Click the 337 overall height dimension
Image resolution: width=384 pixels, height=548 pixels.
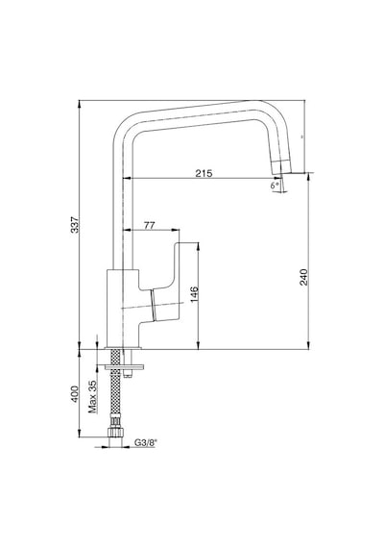pyautogui.click(x=76, y=225)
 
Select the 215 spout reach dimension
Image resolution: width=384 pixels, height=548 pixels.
pyautogui.click(x=204, y=173)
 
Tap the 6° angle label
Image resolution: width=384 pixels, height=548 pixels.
pyautogui.click(x=276, y=186)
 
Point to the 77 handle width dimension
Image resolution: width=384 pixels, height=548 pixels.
pyautogui.click(x=150, y=225)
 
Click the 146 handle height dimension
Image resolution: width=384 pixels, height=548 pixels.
pyautogui.click(x=194, y=294)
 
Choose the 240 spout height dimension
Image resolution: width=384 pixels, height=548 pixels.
pyautogui.click(x=304, y=277)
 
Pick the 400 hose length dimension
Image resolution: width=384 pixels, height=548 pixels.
pyautogui.click(x=75, y=394)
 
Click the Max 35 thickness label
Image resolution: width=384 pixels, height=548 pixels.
pyautogui.click(x=92, y=397)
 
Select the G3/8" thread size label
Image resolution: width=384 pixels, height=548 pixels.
pyautogui.click(x=146, y=443)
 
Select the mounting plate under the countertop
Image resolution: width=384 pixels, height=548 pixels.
pyautogui.click(x=125, y=366)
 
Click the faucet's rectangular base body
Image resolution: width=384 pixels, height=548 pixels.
pyautogui.click(x=123, y=309)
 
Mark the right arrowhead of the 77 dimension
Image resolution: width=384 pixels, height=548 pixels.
pyautogui.click(x=177, y=230)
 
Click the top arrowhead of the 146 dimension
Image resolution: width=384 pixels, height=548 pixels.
pyautogui.click(x=198, y=245)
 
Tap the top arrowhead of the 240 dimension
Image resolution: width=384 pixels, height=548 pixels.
pyautogui.click(x=308, y=176)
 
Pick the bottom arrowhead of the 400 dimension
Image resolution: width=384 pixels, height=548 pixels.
pyautogui.click(x=80, y=434)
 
